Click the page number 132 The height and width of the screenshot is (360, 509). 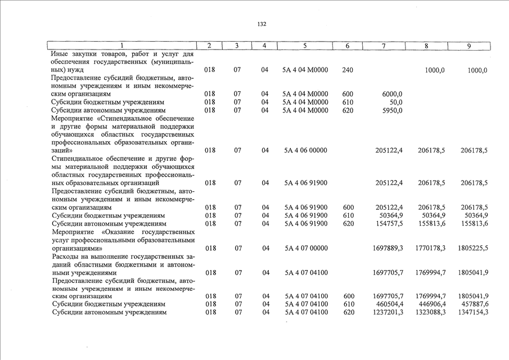pos(262,24)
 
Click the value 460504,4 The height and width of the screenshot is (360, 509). pos(389,304)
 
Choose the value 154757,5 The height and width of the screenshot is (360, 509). pos(389,223)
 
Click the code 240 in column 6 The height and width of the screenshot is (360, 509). pos(348,70)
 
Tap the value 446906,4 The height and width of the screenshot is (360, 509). pos(432,304)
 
